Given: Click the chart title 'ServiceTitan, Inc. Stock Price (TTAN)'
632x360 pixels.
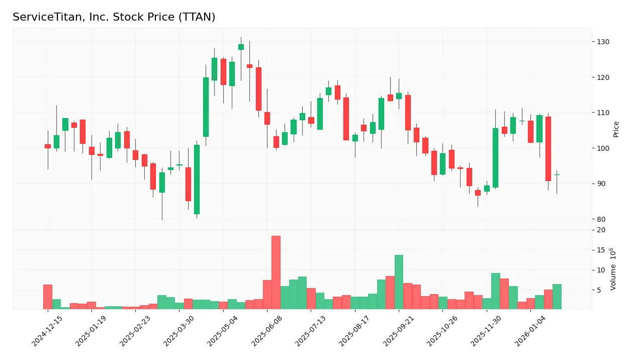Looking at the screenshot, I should pyautogui.click(x=114, y=17).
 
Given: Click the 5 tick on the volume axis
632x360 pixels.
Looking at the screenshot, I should pyautogui.click(x=600, y=290).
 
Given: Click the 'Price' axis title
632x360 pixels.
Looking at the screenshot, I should pyautogui.click(x=616, y=129).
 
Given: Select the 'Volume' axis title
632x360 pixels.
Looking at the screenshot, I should pyautogui.click(x=613, y=269).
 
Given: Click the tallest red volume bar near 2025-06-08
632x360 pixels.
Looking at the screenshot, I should pyautogui.click(x=276, y=273).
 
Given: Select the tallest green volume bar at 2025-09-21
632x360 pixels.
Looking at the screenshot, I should pyautogui.click(x=399, y=282).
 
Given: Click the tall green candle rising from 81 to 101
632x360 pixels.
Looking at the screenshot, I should pyautogui.click(x=197, y=179).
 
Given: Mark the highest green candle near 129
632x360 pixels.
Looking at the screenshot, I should pyautogui.click(x=241, y=47).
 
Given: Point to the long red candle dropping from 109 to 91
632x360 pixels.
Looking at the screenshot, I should pyautogui.click(x=548, y=149).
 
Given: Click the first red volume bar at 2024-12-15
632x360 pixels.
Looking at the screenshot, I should pyautogui.click(x=48, y=297).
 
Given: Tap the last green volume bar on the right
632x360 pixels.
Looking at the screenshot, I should pyautogui.click(x=557, y=297).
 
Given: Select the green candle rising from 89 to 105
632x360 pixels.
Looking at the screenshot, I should pyautogui.click(x=495, y=158).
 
